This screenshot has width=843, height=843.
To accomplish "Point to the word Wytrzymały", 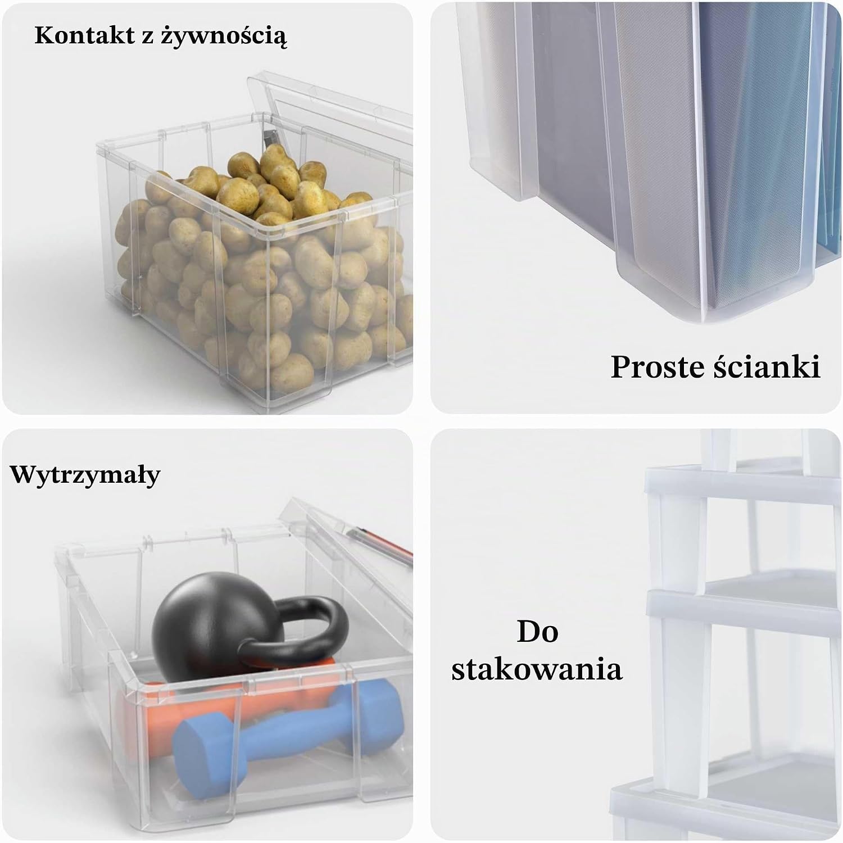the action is (x=85, y=475).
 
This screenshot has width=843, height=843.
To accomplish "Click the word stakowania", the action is (x=537, y=669).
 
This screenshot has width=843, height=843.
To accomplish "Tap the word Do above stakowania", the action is (x=537, y=631).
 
